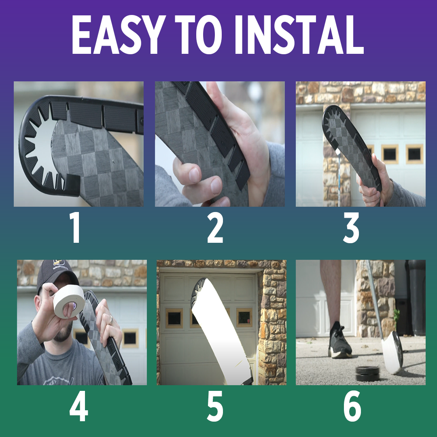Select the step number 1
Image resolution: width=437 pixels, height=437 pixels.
(75, 227)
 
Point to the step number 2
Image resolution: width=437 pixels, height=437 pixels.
(215, 227)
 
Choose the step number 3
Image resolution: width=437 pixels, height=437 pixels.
(351, 227)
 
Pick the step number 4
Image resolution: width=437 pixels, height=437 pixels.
(79, 406)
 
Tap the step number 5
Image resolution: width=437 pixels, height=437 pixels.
(215, 406)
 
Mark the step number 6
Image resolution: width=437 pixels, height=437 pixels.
(352, 406)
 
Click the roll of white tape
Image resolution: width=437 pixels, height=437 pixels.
(69, 301)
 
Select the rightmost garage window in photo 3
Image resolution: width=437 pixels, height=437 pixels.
(414, 154)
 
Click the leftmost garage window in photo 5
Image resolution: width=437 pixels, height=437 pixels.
(174, 318)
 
